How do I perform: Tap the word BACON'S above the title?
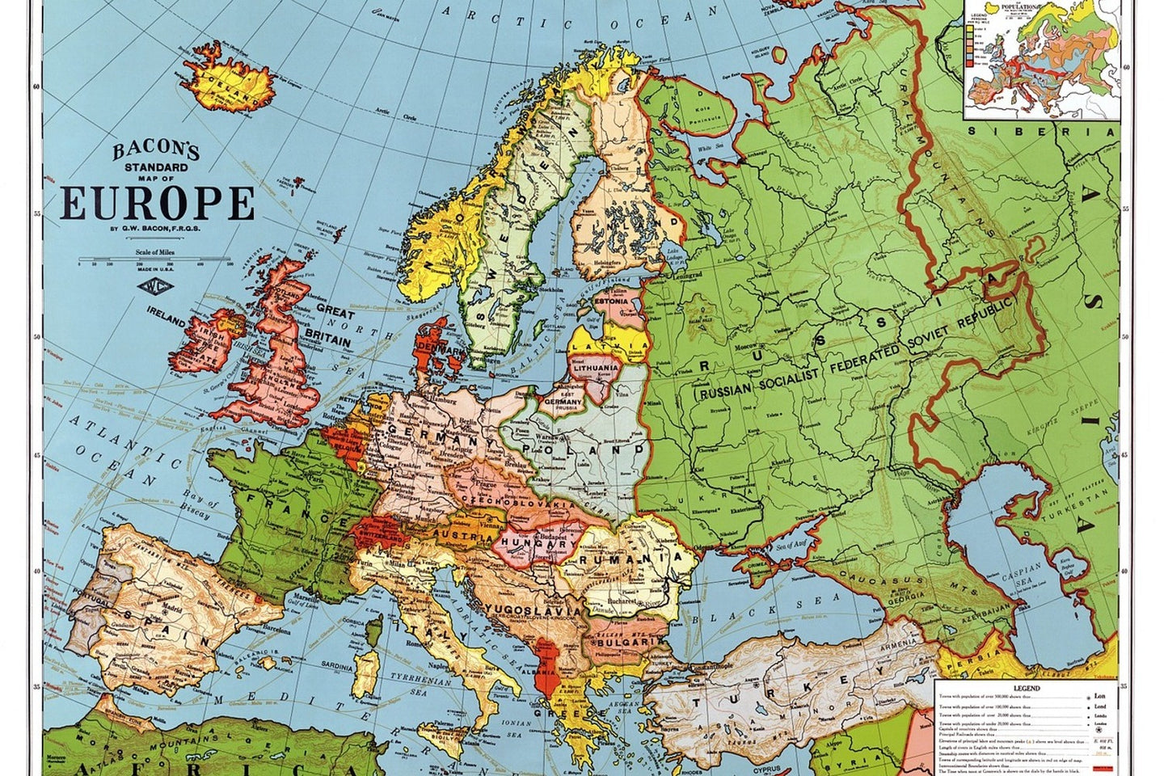click(x=155, y=150)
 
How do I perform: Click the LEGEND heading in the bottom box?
click(x=1026, y=688)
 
